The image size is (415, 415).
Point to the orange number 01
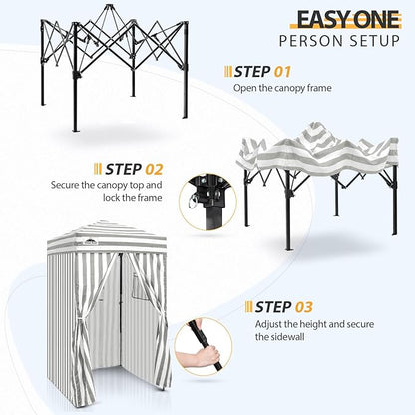[282, 72]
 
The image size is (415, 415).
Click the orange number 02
[154, 169]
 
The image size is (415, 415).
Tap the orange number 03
[304, 307]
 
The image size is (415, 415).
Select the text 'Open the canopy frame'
[282, 88]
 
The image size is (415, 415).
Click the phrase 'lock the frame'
[133, 198]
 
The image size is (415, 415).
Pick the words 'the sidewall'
[280, 337]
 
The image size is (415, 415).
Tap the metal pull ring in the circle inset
[193, 202]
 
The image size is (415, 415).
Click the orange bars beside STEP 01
[228, 72]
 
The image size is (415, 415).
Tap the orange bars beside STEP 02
[98, 169]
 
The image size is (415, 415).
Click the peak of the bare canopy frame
[108, 5]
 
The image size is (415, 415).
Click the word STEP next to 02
[123, 169]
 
